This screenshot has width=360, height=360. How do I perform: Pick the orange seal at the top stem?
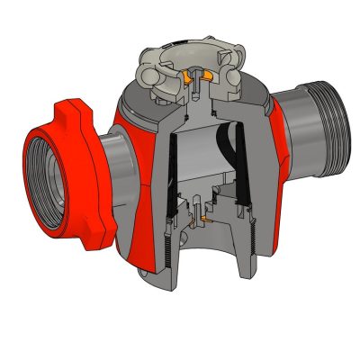click(190, 85)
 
